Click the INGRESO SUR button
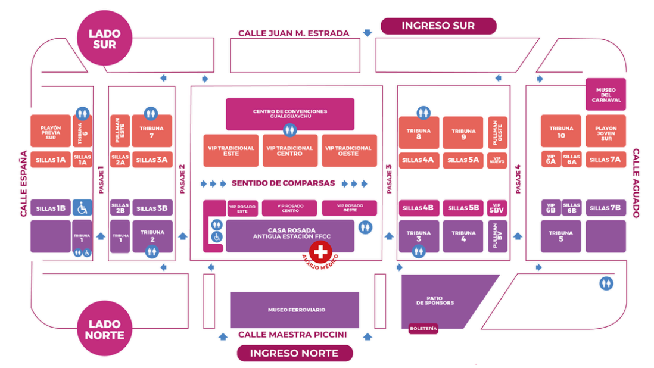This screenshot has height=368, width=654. [x=438, y=26]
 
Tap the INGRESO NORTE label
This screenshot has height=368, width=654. [x=294, y=353]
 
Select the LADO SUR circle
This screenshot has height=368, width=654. [x=105, y=39]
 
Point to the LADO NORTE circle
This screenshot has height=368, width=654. [x=105, y=329]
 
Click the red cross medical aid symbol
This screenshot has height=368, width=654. [x=321, y=252]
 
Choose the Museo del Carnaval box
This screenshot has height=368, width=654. [x=606, y=94]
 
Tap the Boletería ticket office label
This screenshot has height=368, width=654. [x=423, y=328]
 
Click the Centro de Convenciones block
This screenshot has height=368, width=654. [x=290, y=114]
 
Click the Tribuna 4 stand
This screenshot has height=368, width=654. [x=463, y=236]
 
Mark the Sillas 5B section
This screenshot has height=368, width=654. [x=463, y=208]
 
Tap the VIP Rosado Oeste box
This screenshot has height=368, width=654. [x=350, y=208]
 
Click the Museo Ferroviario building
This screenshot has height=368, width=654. [x=294, y=310]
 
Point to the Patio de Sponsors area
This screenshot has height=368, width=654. [x=440, y=301]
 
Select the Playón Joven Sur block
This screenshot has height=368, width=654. [x=606, y=131]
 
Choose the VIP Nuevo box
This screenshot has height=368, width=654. [x=497, y=160]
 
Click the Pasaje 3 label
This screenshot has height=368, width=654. [x=389, y=179]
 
